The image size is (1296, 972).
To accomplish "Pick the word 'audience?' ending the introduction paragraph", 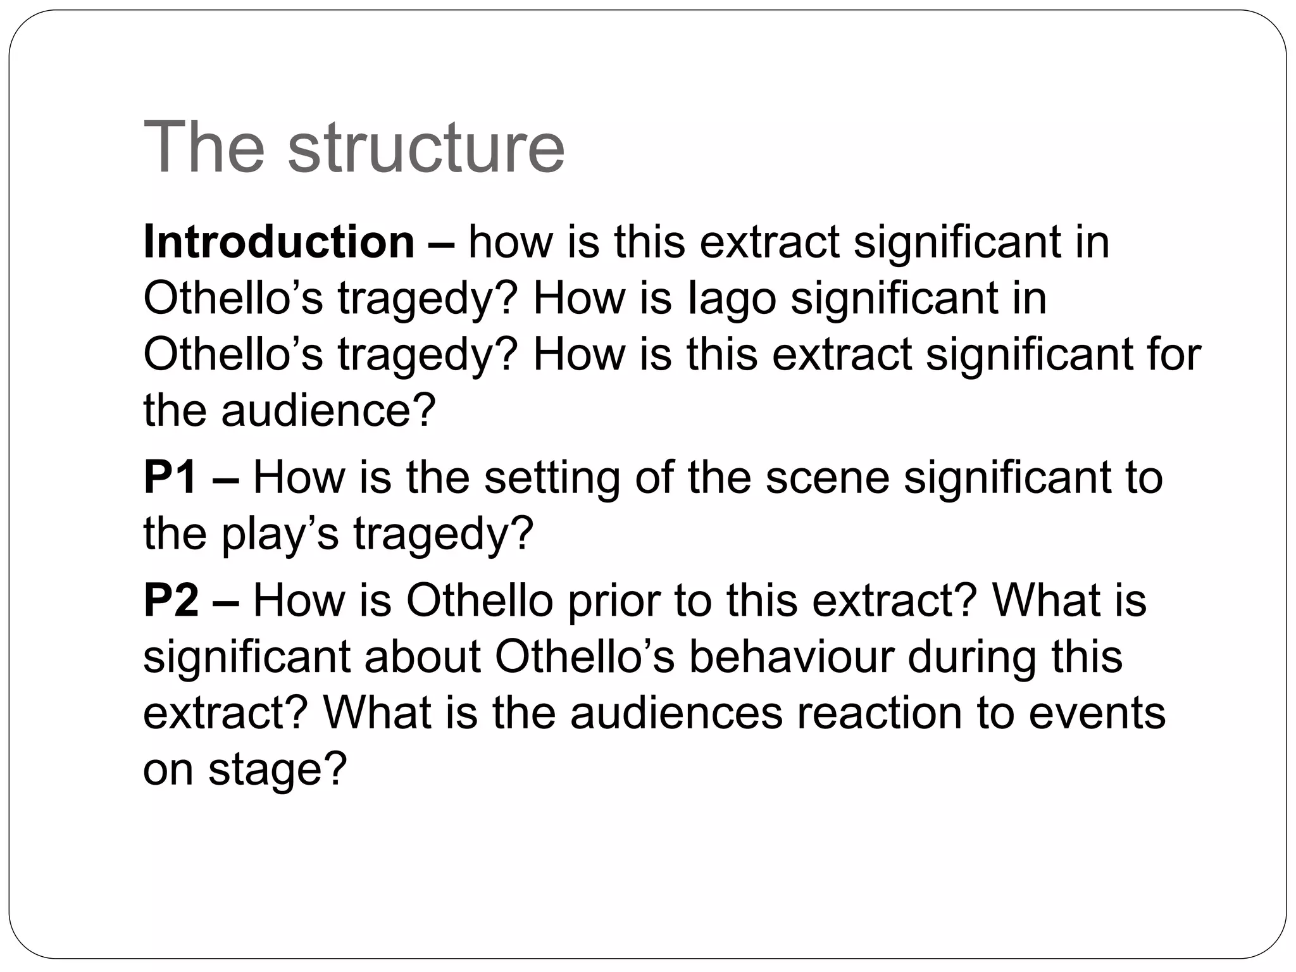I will (x=328, y=410).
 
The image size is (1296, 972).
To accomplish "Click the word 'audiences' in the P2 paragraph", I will (x=676, y=713).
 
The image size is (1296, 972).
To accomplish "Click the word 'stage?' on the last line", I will (x=278, y=769).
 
